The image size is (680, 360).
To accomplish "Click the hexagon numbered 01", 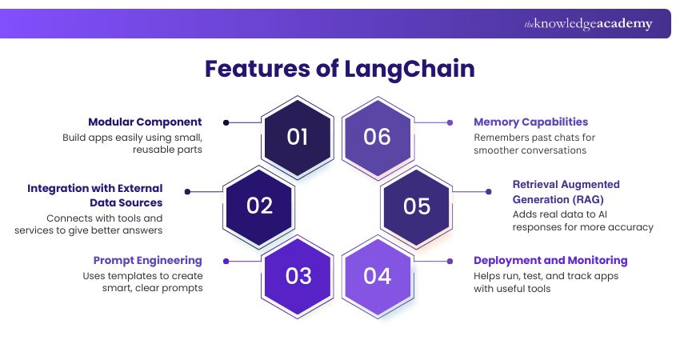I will [298, 137].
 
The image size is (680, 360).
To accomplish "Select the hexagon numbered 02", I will [259, 206].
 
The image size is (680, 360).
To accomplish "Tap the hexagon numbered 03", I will [298, 275].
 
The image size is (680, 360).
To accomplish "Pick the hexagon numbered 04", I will [377, 275].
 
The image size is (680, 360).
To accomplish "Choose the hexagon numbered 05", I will [416, 206].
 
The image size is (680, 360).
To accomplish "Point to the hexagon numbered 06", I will [377, 137].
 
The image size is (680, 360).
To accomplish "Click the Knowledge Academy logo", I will [588, 24].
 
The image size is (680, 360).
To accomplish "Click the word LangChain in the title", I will [410, 69].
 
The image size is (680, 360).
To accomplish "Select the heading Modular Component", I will [145, 122].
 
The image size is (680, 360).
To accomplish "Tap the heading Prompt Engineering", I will [147, 261].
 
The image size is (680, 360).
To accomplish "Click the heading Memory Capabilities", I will [530, 122].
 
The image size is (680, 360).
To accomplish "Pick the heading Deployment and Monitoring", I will [550, 261].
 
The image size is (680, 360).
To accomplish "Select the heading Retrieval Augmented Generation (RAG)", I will [566, 191].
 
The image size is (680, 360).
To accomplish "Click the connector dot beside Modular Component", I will [226, 122].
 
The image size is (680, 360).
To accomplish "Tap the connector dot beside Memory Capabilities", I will [450, 122].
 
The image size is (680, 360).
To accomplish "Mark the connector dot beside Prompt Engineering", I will [226, 261].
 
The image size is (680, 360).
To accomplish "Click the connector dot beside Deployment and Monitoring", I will [450, 261].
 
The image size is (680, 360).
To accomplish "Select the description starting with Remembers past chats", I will [534, 144].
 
